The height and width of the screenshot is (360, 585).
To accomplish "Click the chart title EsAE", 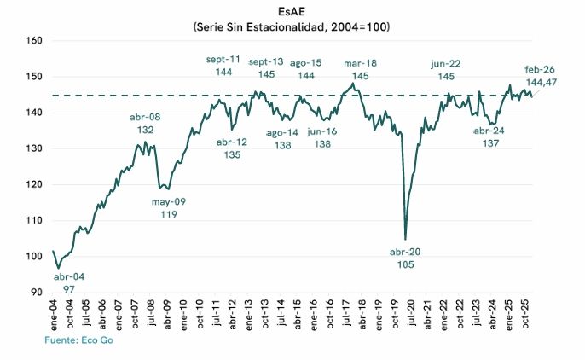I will [292, 13].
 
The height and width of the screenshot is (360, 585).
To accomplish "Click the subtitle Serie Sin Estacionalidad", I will [292, 27].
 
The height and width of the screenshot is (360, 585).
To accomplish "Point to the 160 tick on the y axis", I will [34, 40].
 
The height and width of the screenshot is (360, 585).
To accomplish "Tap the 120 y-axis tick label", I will [34, 184].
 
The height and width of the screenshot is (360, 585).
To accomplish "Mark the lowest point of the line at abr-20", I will [405, 239].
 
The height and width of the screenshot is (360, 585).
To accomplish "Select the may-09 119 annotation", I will [169, 207].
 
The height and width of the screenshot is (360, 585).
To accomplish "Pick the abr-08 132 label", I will [146, 124].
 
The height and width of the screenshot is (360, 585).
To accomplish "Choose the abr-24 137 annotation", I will [490, 136].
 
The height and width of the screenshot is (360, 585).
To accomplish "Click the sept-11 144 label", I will [224, 66].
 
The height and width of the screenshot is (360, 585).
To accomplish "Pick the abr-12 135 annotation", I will [232, 148].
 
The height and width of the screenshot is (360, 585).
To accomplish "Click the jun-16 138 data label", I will [321, 138].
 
